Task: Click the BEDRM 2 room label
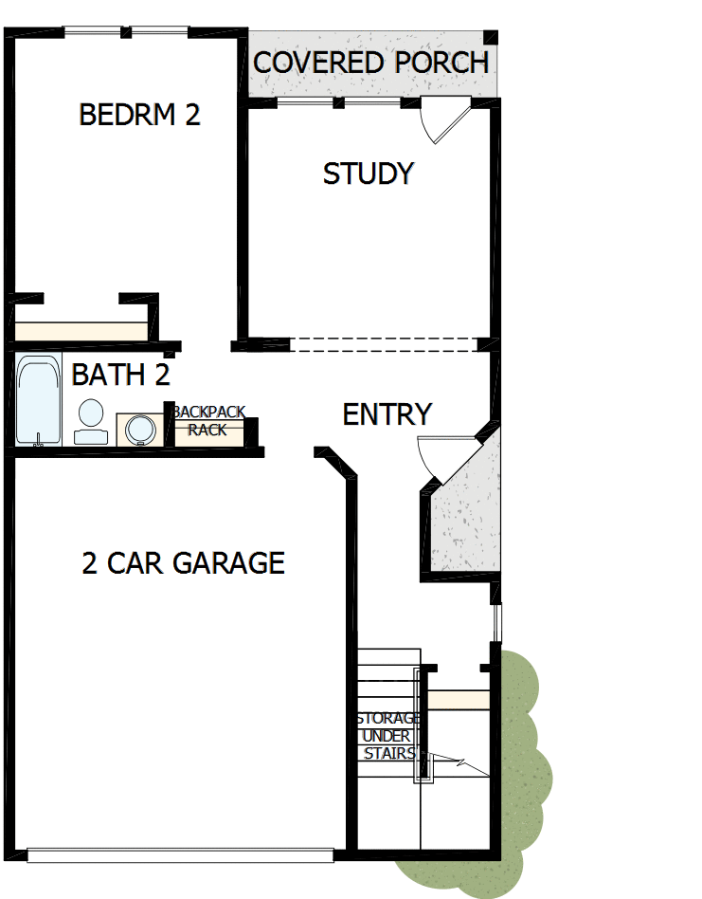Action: [x=139, y=115]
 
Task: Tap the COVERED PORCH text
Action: [x=370, y=64]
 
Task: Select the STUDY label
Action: [x=368, y=174]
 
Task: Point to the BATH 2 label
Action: [x=120, y=375]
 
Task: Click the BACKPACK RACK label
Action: [x=208, y=421]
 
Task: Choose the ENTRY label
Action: [x=387, y=414]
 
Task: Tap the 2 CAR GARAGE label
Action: [x=183, y=562]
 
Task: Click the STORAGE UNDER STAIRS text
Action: [x=388, y=736]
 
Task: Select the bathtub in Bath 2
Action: [x=38, y=399]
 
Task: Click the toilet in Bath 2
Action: [x=91, y=422]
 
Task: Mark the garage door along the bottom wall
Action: [x=180, y=855]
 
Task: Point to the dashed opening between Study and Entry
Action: [x=383, y=344]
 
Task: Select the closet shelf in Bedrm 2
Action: [x=81, y=331]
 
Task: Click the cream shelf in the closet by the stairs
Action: [x=459, y=700]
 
